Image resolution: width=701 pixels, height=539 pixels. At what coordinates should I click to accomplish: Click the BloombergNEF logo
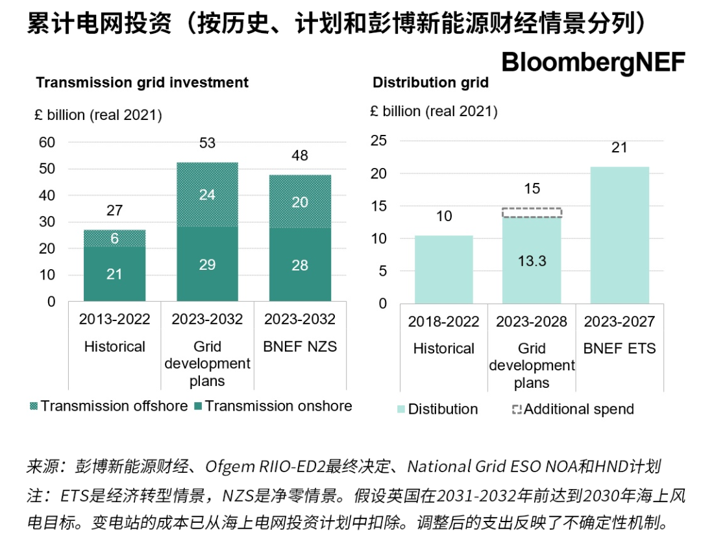593,62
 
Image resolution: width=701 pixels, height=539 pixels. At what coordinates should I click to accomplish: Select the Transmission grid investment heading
142,83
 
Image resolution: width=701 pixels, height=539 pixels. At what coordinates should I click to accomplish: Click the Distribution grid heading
430,83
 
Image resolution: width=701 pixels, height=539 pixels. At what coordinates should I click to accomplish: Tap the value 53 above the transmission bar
207,143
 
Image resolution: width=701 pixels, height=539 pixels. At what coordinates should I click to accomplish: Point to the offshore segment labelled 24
207,194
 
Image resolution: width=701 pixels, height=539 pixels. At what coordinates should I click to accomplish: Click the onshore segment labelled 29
207,265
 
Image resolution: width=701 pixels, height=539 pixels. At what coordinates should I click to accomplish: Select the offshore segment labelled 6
114,238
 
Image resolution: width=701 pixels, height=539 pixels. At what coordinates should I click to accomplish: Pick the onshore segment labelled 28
300,265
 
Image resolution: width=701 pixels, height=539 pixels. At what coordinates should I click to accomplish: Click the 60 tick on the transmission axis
47,142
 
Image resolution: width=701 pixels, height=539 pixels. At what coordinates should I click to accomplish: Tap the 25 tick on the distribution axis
378,141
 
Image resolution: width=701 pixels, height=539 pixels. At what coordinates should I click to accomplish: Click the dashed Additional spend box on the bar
532,212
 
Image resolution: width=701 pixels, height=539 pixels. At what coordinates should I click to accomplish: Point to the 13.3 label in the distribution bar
532,261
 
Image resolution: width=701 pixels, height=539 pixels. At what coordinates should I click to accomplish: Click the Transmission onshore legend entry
273,406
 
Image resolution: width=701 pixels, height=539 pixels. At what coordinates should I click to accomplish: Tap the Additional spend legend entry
572,409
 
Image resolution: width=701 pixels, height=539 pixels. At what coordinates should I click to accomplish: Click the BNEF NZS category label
300,346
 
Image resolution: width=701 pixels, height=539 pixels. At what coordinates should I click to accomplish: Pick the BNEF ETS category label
619,348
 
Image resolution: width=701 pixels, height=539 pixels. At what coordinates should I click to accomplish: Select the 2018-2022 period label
444,322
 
